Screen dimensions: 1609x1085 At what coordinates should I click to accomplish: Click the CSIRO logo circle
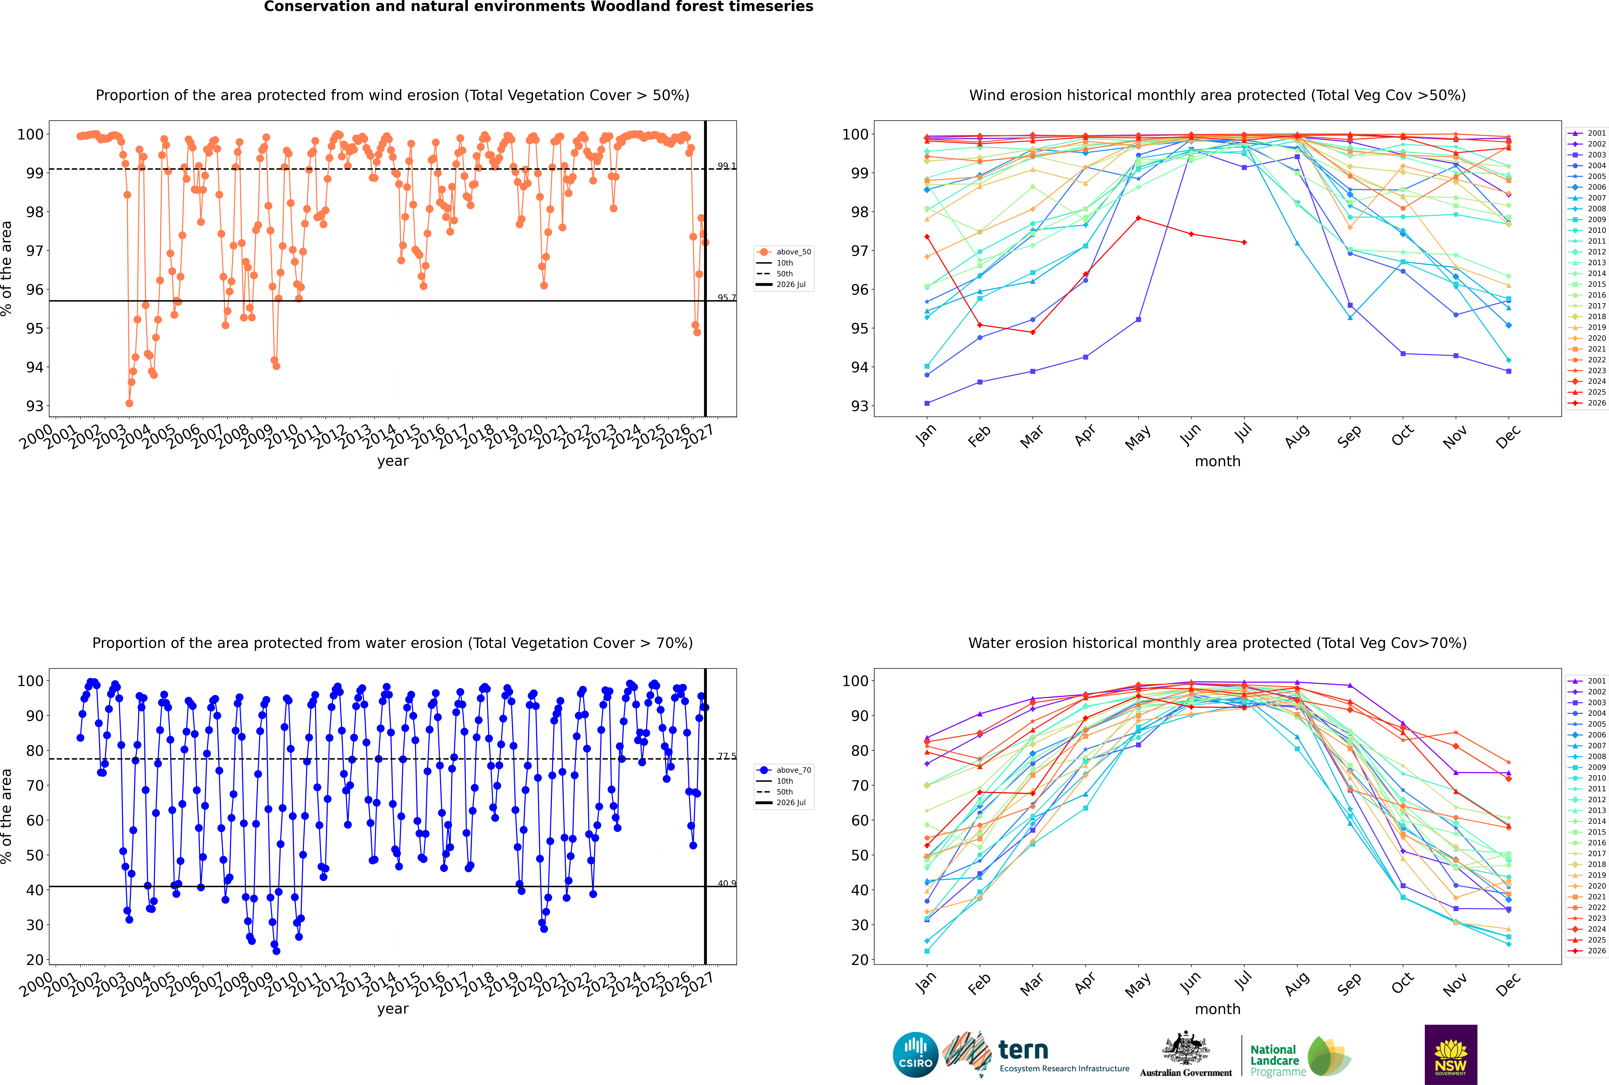[915, 1055]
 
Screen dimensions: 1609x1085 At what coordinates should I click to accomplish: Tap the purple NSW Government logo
[1451, 1055]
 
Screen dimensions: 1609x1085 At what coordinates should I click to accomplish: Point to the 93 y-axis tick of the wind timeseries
[35, 406]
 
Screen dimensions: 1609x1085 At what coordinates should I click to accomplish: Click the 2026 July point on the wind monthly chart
[1244, 242]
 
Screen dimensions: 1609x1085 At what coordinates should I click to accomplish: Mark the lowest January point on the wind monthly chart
[927, 403]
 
